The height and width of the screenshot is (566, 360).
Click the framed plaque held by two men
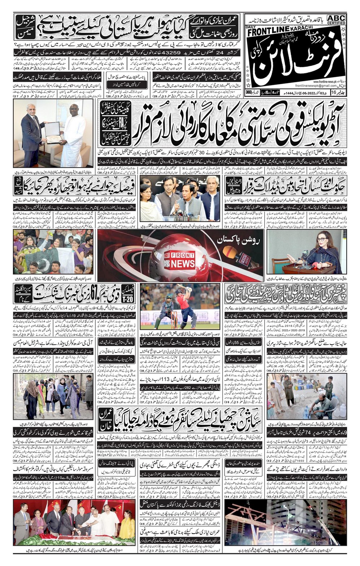53,132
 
